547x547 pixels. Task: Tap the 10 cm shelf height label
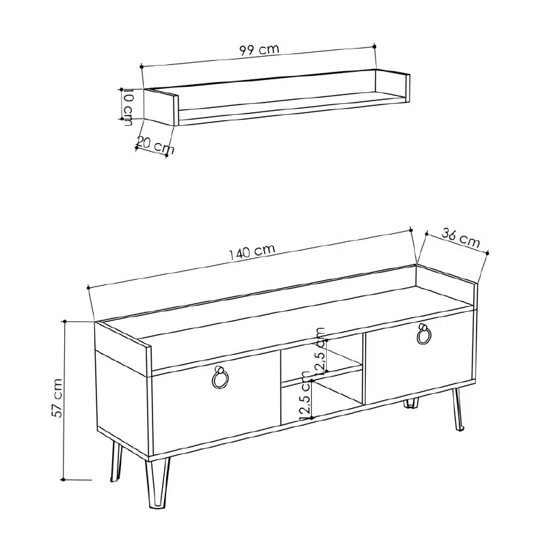(x=128, y=107)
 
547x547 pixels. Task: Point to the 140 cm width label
(x=252, y=252)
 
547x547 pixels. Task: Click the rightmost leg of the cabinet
(x=455, y=410)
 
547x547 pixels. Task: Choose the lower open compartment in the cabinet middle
(x=321, y=397)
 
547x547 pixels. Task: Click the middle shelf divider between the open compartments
(x=321, y=375)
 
